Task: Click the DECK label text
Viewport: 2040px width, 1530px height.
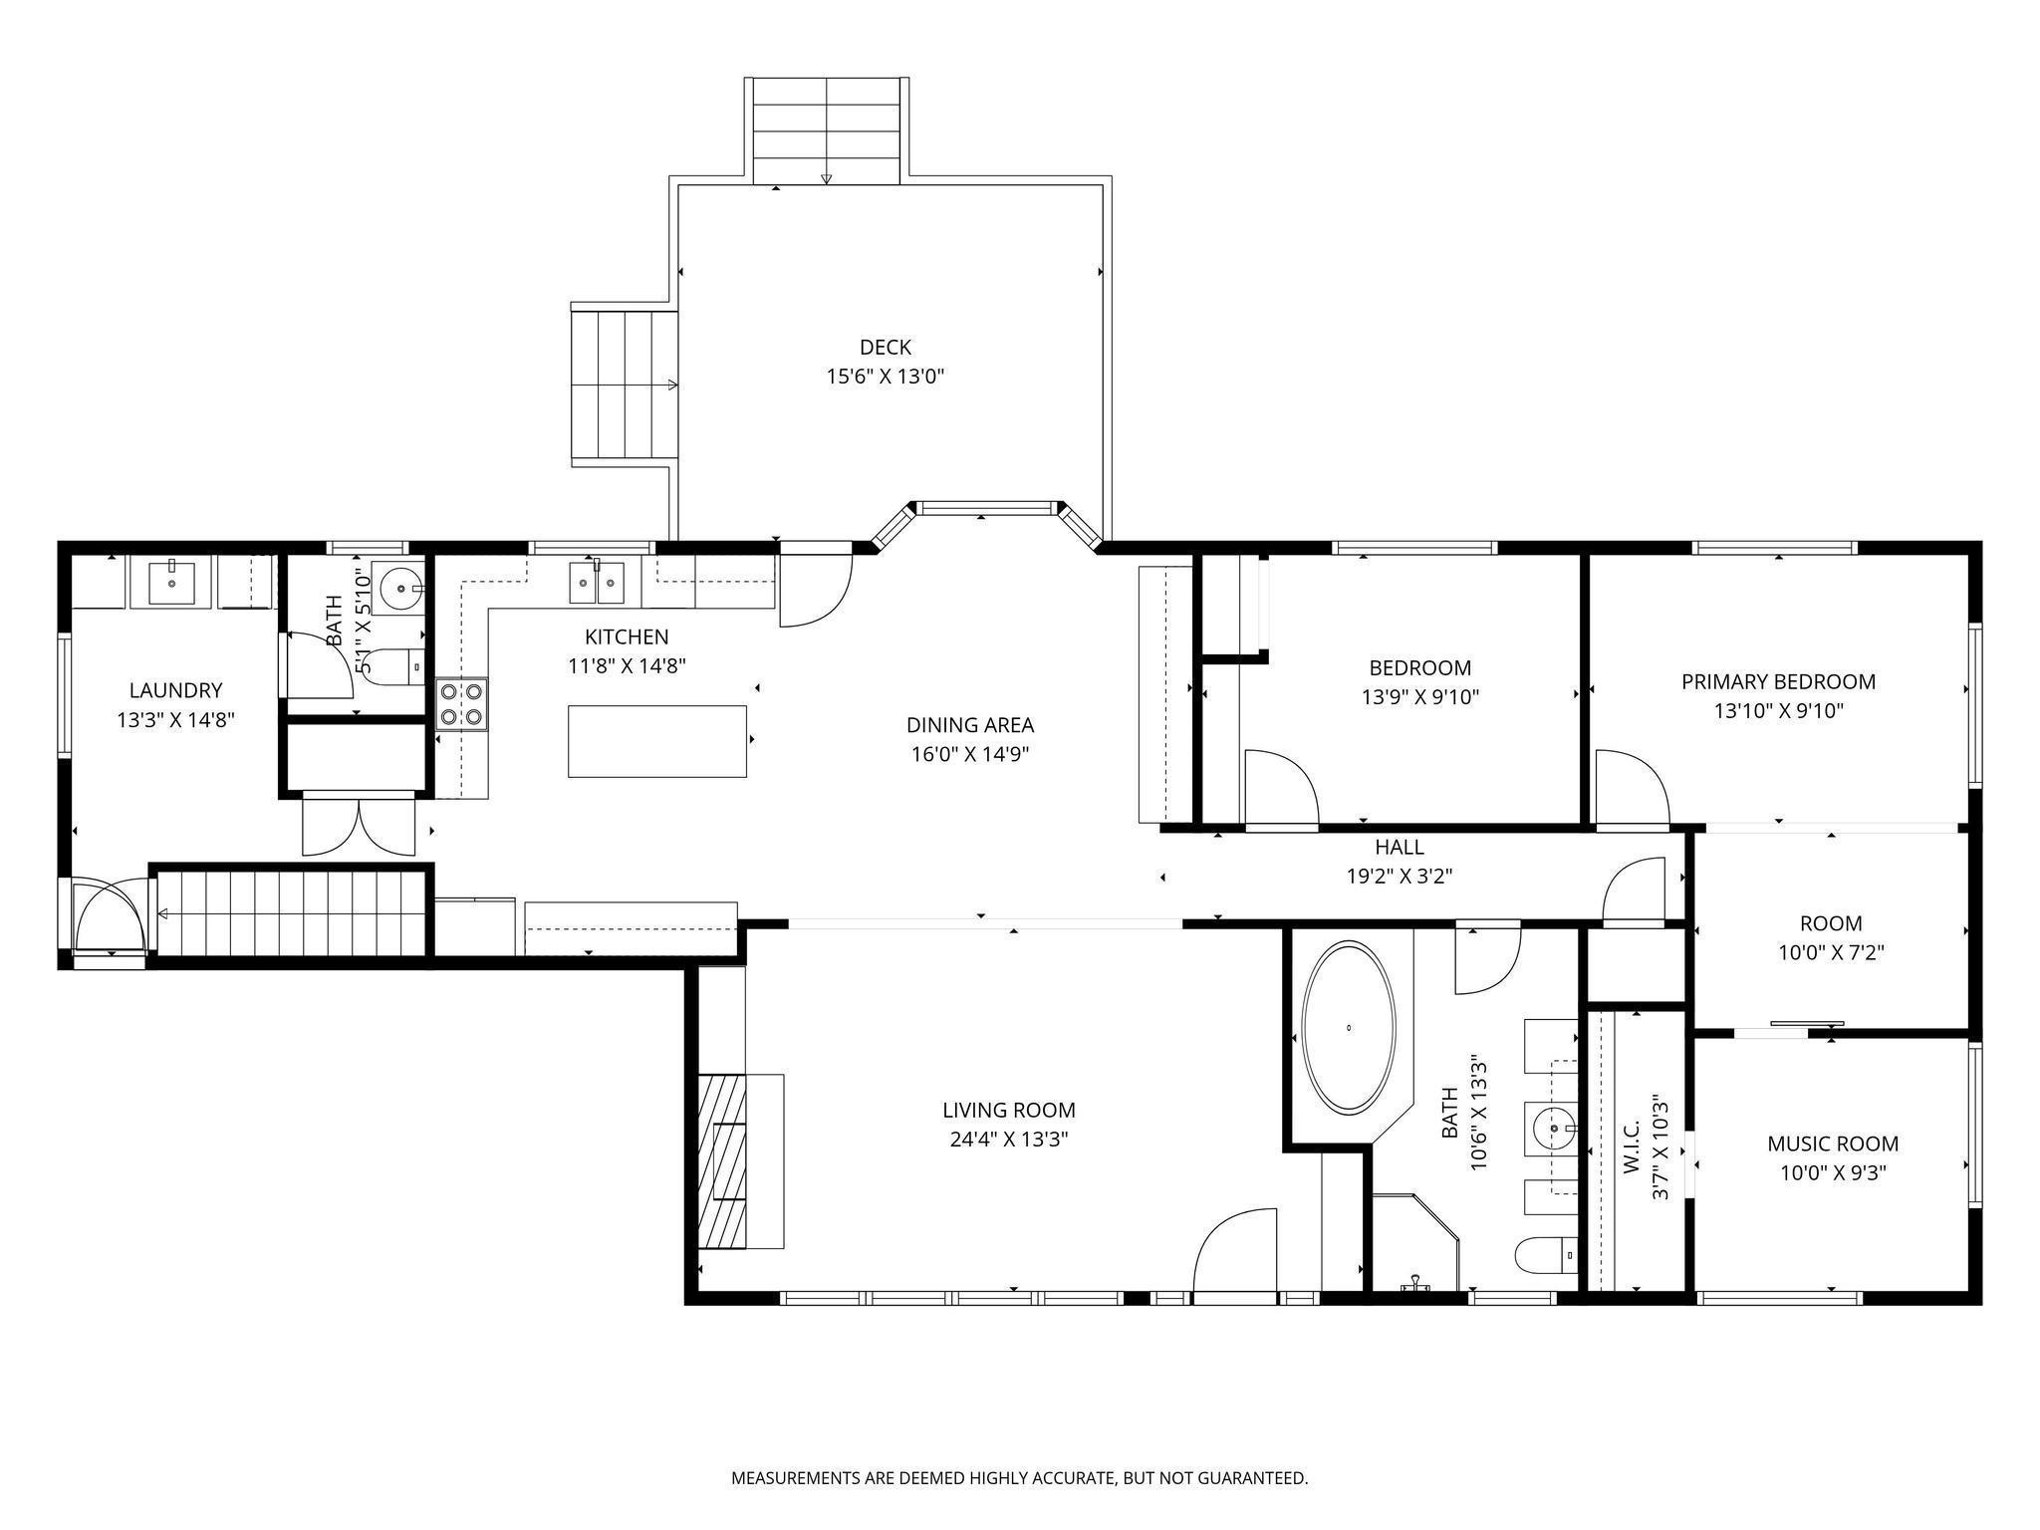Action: [885, 348]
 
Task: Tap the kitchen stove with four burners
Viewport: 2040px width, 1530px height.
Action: [462, 703]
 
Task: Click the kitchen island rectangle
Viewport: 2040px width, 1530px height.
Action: [657, 740]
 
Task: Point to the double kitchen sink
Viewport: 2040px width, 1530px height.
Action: [597, 583]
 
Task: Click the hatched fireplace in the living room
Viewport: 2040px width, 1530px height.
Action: [722, 1160]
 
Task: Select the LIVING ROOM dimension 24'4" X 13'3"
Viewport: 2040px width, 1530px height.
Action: [1008, 1140]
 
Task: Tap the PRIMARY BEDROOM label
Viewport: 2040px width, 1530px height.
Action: [1778, 682]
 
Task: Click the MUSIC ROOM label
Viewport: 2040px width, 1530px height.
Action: [1833, 1144]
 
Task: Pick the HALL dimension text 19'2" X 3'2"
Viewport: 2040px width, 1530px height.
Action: [1399, 877]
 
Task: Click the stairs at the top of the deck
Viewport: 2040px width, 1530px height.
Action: [827, 129]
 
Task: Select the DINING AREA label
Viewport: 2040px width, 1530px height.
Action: [969, 725]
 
